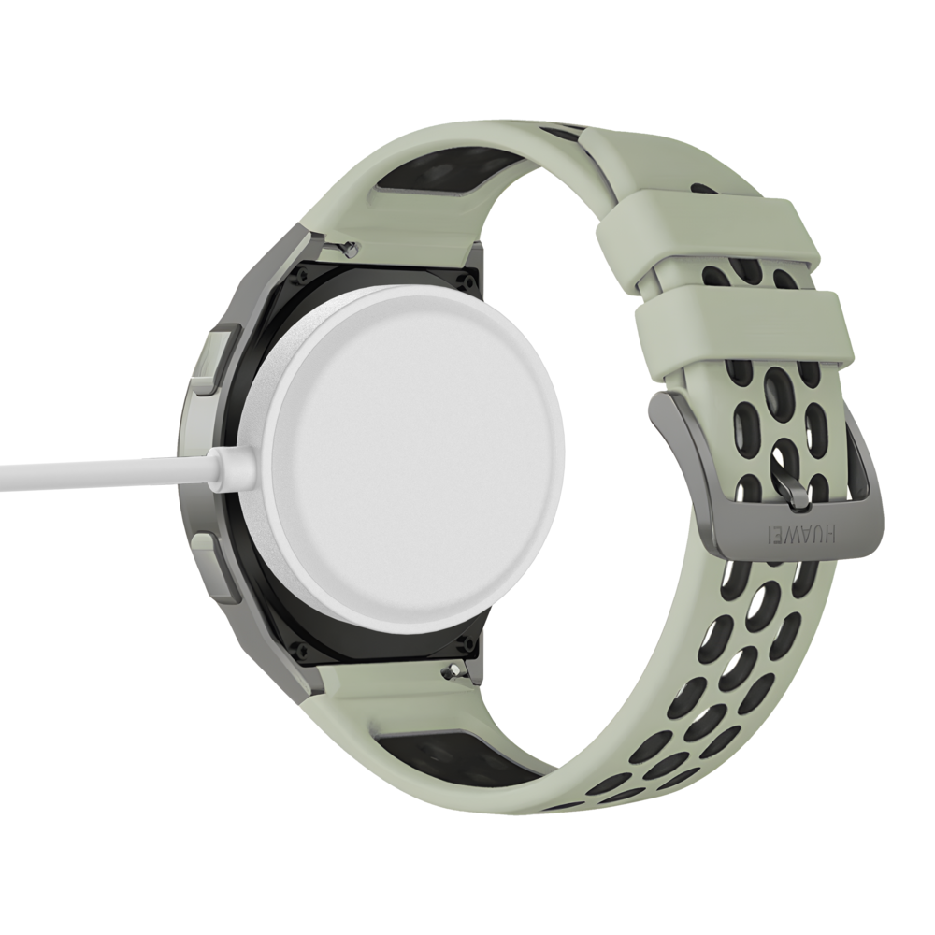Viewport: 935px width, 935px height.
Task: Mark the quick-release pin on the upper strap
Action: pos(348,247)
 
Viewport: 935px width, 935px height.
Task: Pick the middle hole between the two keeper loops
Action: pos(748,277)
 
